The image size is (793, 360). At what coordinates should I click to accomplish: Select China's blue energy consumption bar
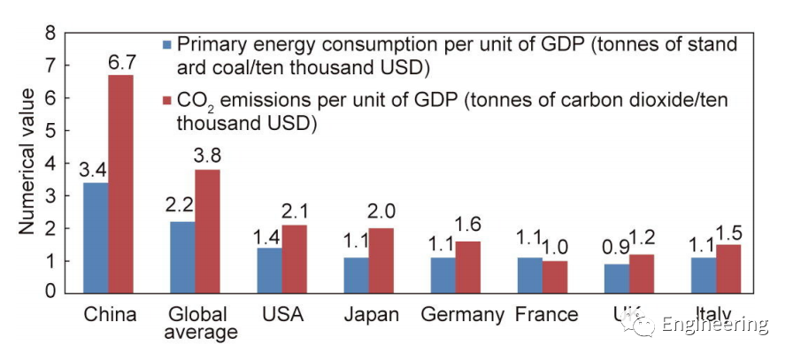(x=95, y=237)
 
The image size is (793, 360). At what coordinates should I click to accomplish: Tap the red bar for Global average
(x=207, y=230)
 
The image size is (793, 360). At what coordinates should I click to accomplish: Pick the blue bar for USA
(x=269, y=270)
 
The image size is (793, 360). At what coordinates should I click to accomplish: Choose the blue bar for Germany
(x=443, y=274)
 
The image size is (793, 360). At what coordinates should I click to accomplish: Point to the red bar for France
(x=555, y=276)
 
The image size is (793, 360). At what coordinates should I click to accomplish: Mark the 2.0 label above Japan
(x=382, y=215)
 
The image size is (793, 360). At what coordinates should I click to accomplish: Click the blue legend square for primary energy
(x=165, y=44)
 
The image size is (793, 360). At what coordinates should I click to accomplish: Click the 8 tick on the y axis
(x=50, y=34)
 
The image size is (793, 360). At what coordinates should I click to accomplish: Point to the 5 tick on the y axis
(x=50, y=131)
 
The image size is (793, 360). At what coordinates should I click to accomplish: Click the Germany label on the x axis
(x=462, y=315)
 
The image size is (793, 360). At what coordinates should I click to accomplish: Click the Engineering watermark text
(x=715, y=325)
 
